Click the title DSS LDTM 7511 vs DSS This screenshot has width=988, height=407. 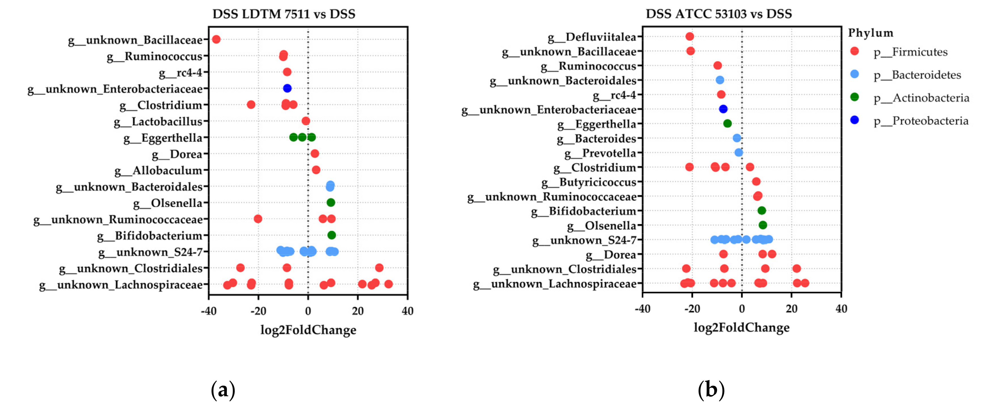[284, 14]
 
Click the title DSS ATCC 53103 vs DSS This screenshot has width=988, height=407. [719, 14]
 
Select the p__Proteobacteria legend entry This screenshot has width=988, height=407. [921, 121]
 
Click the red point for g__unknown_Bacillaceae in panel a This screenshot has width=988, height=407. [216, 39]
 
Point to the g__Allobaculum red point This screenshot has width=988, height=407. [316, 169]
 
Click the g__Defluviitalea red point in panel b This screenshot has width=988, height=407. [690, 36]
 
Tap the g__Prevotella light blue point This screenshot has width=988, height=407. [739, 152]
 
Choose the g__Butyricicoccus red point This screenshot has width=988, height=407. [756, 181]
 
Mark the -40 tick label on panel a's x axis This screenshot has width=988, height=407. [209, 311]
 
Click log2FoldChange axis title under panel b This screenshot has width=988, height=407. [741, 327]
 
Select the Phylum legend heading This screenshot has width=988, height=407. [870, 33]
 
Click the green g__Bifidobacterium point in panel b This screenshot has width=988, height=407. [762, 210]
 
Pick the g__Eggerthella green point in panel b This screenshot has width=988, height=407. [727, 123]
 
